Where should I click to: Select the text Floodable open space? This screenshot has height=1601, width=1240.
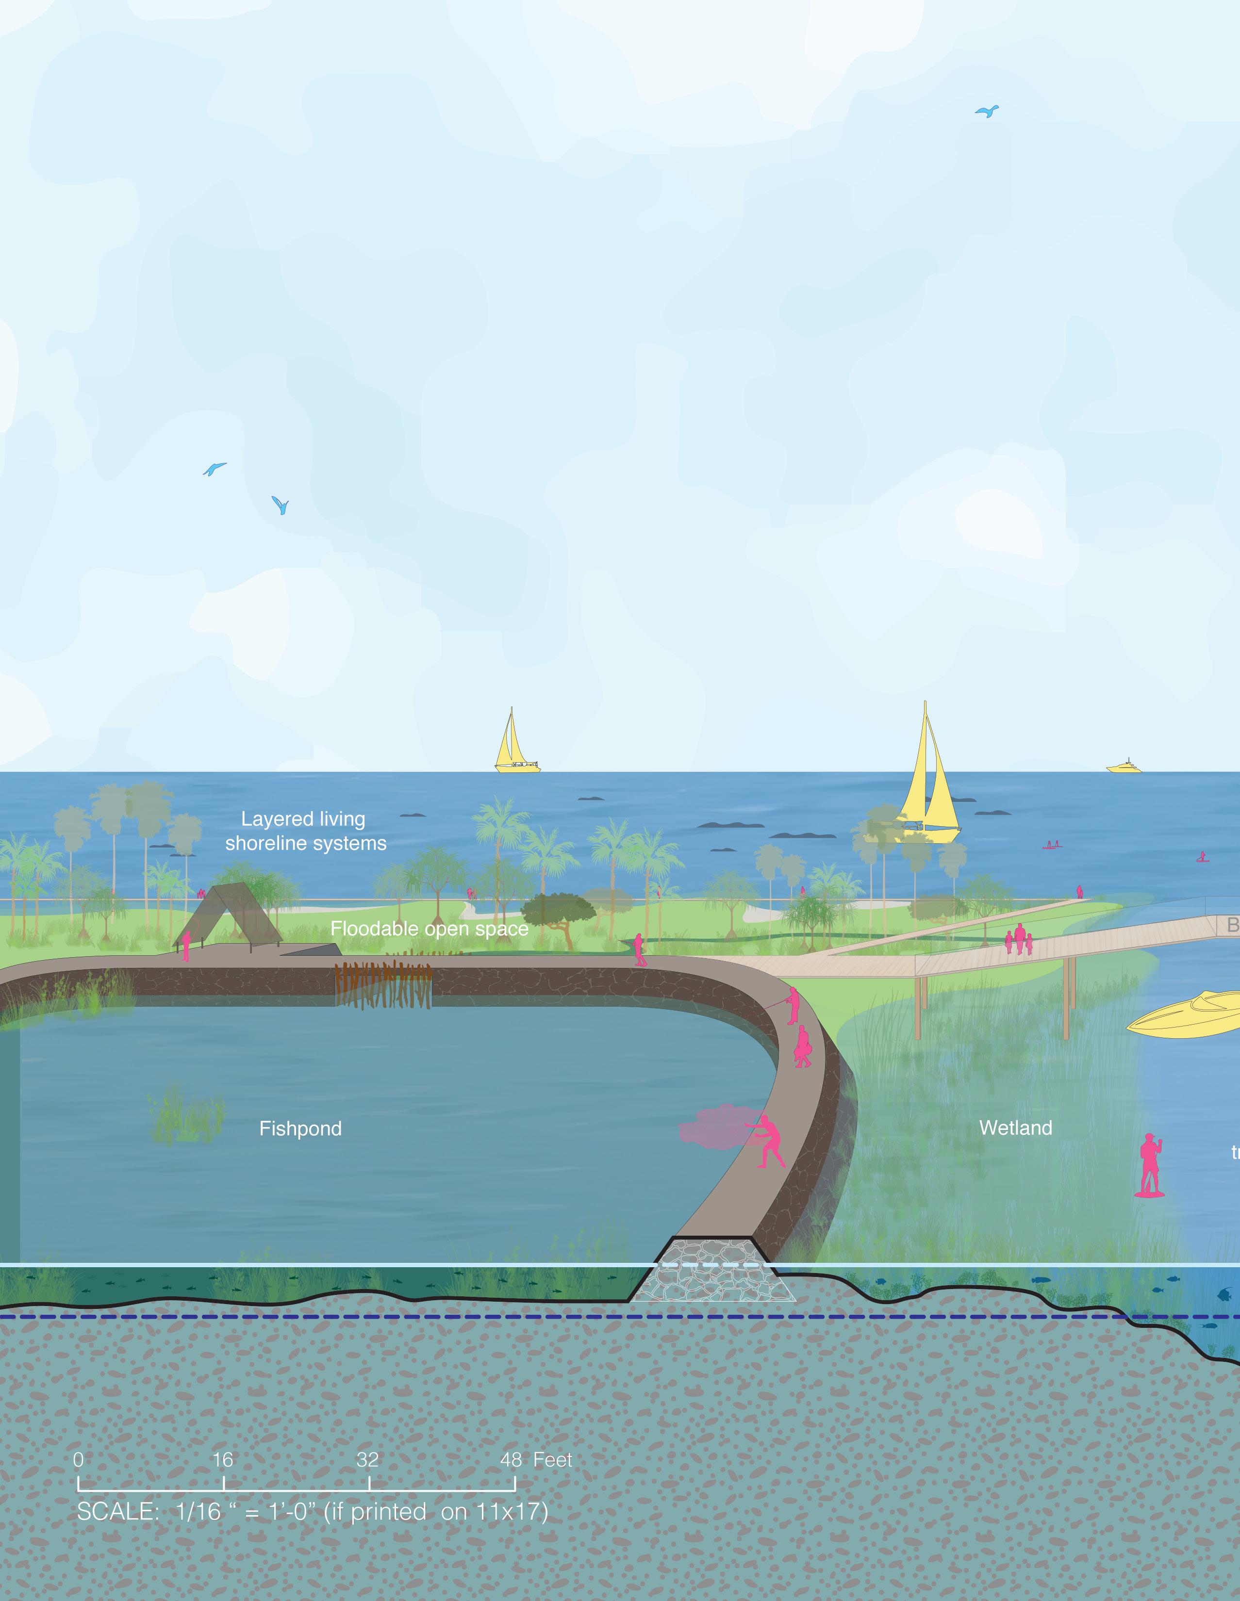pos(429,929)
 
